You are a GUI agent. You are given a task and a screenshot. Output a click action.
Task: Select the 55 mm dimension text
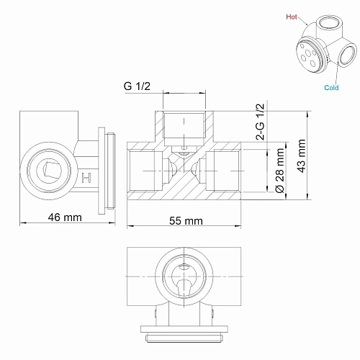tap(184, 222)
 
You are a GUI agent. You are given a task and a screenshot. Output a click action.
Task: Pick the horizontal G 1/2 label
tap(138, 88)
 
